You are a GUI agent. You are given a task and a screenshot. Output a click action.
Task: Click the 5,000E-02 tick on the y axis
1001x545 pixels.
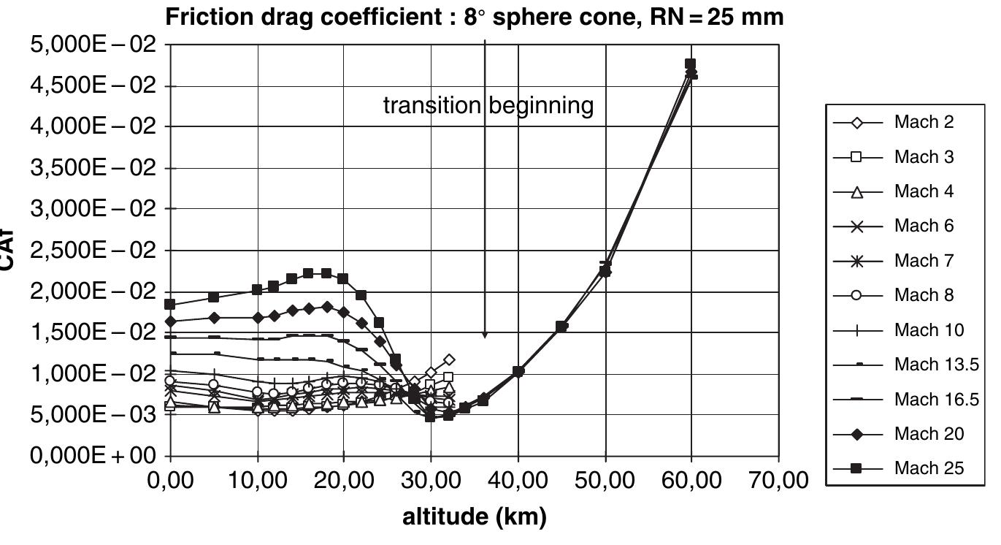coord(93,45)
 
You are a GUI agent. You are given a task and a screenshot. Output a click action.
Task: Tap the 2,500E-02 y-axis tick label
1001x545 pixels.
coord(93,251)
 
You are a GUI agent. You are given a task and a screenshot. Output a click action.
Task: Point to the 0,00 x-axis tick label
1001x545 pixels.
coord(170,481)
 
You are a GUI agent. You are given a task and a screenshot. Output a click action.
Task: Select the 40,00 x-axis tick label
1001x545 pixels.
coord(518,481)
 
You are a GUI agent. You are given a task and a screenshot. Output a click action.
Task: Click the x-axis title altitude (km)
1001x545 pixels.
coord(474,517)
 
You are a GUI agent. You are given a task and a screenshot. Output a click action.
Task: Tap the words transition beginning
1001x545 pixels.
coord(488,106)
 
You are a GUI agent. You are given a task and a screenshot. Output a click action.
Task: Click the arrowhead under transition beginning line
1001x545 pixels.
coord(485,335)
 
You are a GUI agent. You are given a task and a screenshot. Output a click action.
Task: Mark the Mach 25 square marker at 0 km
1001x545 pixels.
coord(170,304)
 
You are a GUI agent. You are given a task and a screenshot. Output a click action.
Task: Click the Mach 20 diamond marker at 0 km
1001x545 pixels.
coord(170,321)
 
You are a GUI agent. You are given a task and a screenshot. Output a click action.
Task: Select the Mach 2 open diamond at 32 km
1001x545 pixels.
coord(449,359)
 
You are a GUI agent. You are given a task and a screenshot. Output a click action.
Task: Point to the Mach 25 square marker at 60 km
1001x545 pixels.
coord(690,64)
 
